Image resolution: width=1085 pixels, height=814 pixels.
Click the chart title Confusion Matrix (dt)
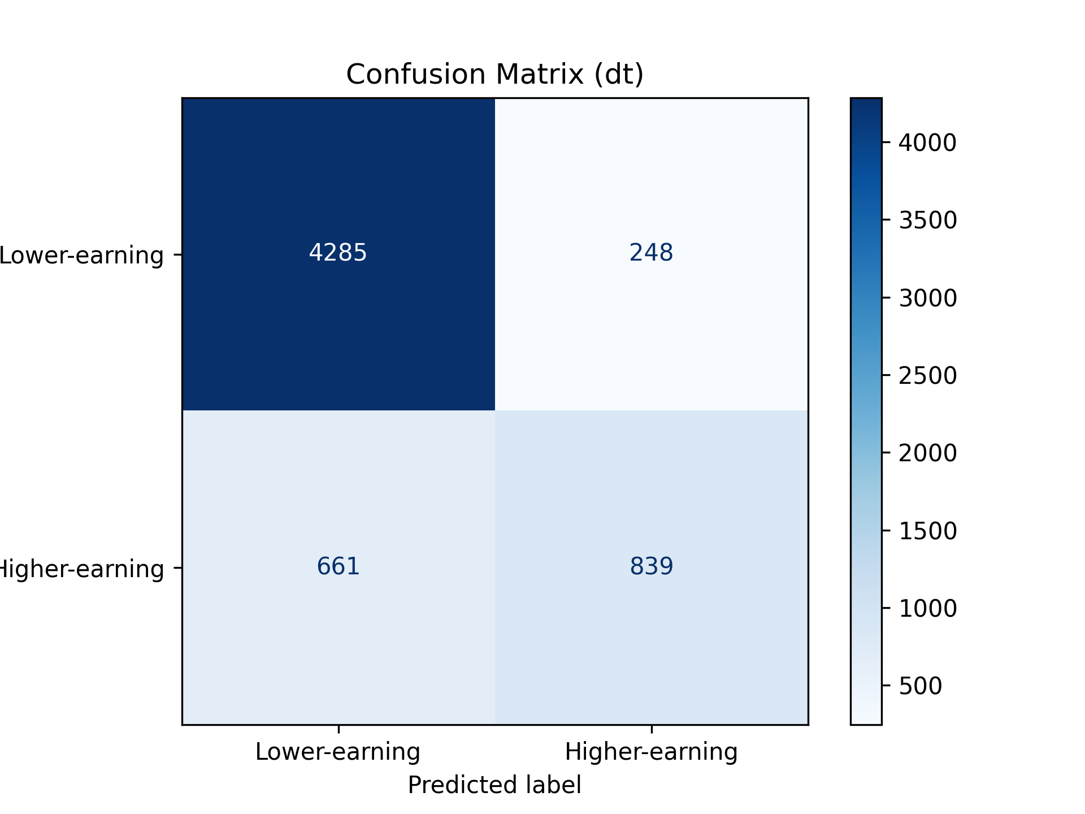click(494, 75)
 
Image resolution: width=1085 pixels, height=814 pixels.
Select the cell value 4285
click(338, 253)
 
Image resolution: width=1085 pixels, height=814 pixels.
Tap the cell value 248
click(651, 253)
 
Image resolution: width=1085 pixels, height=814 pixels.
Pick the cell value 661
click(338, 566)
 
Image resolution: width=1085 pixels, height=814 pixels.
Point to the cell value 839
click(651, 566)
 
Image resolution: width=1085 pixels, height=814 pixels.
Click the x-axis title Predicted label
click(494, 785)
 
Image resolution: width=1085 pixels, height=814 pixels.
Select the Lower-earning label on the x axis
click(338, 752)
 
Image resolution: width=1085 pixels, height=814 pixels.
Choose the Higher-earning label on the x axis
click(651, 752)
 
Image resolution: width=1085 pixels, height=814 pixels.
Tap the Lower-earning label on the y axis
click(82, 256)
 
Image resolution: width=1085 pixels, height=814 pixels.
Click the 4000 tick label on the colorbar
click(927, 142)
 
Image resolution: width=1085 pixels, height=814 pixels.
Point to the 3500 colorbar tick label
click(927, 220)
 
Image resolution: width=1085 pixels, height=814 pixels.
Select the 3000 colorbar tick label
click(927, 298)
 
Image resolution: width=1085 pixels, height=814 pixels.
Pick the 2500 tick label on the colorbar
click(927, 375)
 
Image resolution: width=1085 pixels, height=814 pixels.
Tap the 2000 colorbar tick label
click(927, 453)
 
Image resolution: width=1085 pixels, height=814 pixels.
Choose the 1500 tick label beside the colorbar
click(927, 531)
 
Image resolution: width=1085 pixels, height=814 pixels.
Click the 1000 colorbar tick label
click(927, 608)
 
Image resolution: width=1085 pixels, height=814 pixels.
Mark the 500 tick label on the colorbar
click(920, 686)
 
